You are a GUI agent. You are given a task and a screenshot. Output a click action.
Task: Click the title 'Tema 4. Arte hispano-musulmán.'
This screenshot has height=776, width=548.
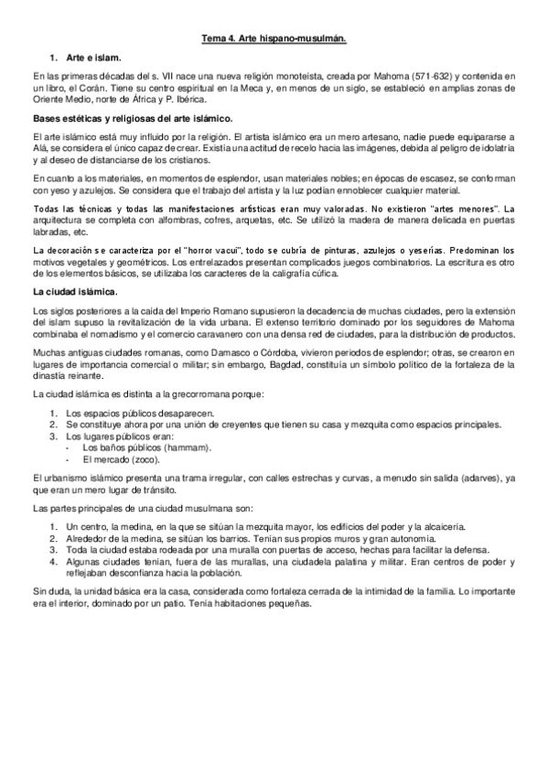click(x=274, y=38)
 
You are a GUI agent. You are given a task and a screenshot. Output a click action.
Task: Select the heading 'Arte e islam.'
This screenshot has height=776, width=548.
click(x=92, y=57)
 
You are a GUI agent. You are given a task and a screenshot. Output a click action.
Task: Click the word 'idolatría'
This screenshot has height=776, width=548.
click(x=497, y=147)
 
